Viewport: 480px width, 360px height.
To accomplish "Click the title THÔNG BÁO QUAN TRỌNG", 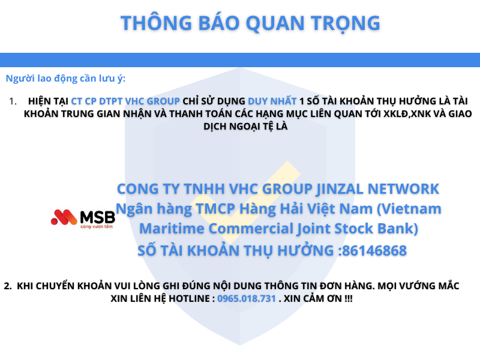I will click(x=250, y=23).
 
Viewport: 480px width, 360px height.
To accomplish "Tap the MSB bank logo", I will click(x=83, y=217).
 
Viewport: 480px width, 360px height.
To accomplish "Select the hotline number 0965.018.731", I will click(x=247, y=298).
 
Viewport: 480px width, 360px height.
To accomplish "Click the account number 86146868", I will click(x=374, y=250).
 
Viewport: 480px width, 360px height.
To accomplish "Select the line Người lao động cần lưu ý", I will click(x=65, y=78).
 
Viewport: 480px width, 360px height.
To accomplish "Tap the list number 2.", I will click(x=8, y=286).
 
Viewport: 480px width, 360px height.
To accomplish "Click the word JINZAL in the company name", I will click(x=343, y=188).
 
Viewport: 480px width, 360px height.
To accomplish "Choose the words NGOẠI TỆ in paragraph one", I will click(x=253, y=127).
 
